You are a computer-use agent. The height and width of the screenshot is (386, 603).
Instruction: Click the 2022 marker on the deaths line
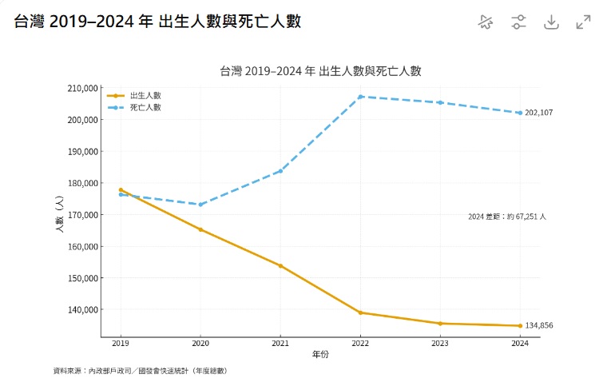[360, 97]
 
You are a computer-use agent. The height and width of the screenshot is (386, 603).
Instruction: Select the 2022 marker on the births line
[360, 312]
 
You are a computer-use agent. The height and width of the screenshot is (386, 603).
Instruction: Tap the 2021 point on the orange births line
[280, 266]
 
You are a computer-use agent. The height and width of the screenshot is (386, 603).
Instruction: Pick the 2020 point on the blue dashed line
[200, 205]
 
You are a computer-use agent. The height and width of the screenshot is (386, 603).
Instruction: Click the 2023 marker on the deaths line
[440, 102]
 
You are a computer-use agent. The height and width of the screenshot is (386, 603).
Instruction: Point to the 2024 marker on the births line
[520, 325]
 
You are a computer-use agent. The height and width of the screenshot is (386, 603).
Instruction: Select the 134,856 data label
[539, 325]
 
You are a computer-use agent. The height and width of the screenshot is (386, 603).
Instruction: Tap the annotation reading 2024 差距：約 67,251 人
[507, 217]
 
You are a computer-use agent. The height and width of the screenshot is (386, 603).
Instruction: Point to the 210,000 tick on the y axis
[81, 88]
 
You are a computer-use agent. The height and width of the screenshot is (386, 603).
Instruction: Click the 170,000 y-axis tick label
[81, 215]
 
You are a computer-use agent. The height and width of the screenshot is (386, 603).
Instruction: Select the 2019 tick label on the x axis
[121, 344]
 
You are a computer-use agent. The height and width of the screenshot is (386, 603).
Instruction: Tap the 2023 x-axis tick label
[440, 344]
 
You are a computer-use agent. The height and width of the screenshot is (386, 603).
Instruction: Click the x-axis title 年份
[320, 354]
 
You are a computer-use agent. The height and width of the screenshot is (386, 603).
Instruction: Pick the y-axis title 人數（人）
[59, 215]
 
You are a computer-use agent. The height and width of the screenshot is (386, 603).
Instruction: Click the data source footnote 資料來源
[140, 371]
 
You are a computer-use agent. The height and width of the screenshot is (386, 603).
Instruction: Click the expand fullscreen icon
[583, 22]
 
